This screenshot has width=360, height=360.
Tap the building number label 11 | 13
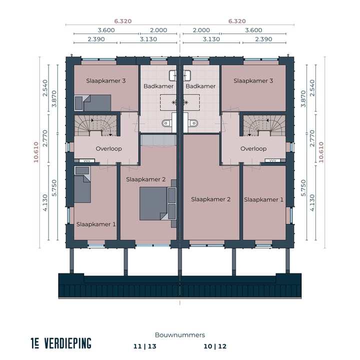(x=144, y=346)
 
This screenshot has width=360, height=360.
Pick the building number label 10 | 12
(x=215, y=346)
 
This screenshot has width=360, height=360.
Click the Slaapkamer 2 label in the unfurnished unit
(x=210, y=199)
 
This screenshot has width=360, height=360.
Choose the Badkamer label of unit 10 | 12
(x=200, y=86)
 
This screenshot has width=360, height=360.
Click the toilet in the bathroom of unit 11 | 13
(x=168, y=123)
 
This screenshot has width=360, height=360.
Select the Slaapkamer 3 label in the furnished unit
(x=105, y=80)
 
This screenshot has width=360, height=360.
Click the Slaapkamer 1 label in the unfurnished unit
(x=263, y=199)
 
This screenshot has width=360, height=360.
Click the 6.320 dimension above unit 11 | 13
(x=123, y=21)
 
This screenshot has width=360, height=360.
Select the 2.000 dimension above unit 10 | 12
(x=200, y=30)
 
